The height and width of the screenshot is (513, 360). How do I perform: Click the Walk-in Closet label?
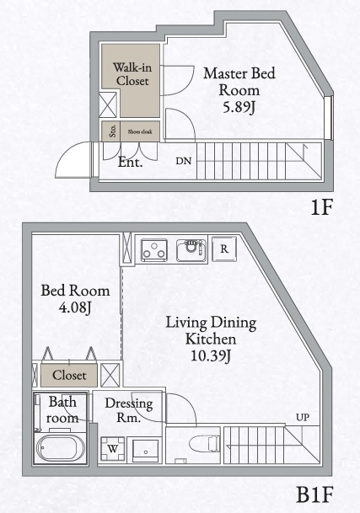(x=132, y=75)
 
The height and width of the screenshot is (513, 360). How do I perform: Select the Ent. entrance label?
(x=130, y=163)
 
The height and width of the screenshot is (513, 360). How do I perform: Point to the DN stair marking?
(x=183, y=160)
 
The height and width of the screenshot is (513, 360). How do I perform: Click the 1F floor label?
(x=325, y=207)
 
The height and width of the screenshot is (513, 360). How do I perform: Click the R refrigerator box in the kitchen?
(x=224, y=249)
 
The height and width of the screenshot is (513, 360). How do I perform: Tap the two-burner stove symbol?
(x=153, y=250)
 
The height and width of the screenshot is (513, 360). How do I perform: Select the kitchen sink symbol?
(x=191, y=249)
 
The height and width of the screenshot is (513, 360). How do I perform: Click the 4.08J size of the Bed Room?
(x=75, y=309)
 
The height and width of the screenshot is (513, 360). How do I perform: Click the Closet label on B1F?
(x=69, y=374)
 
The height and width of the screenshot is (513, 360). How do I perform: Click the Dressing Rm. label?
(x=129, y=410)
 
